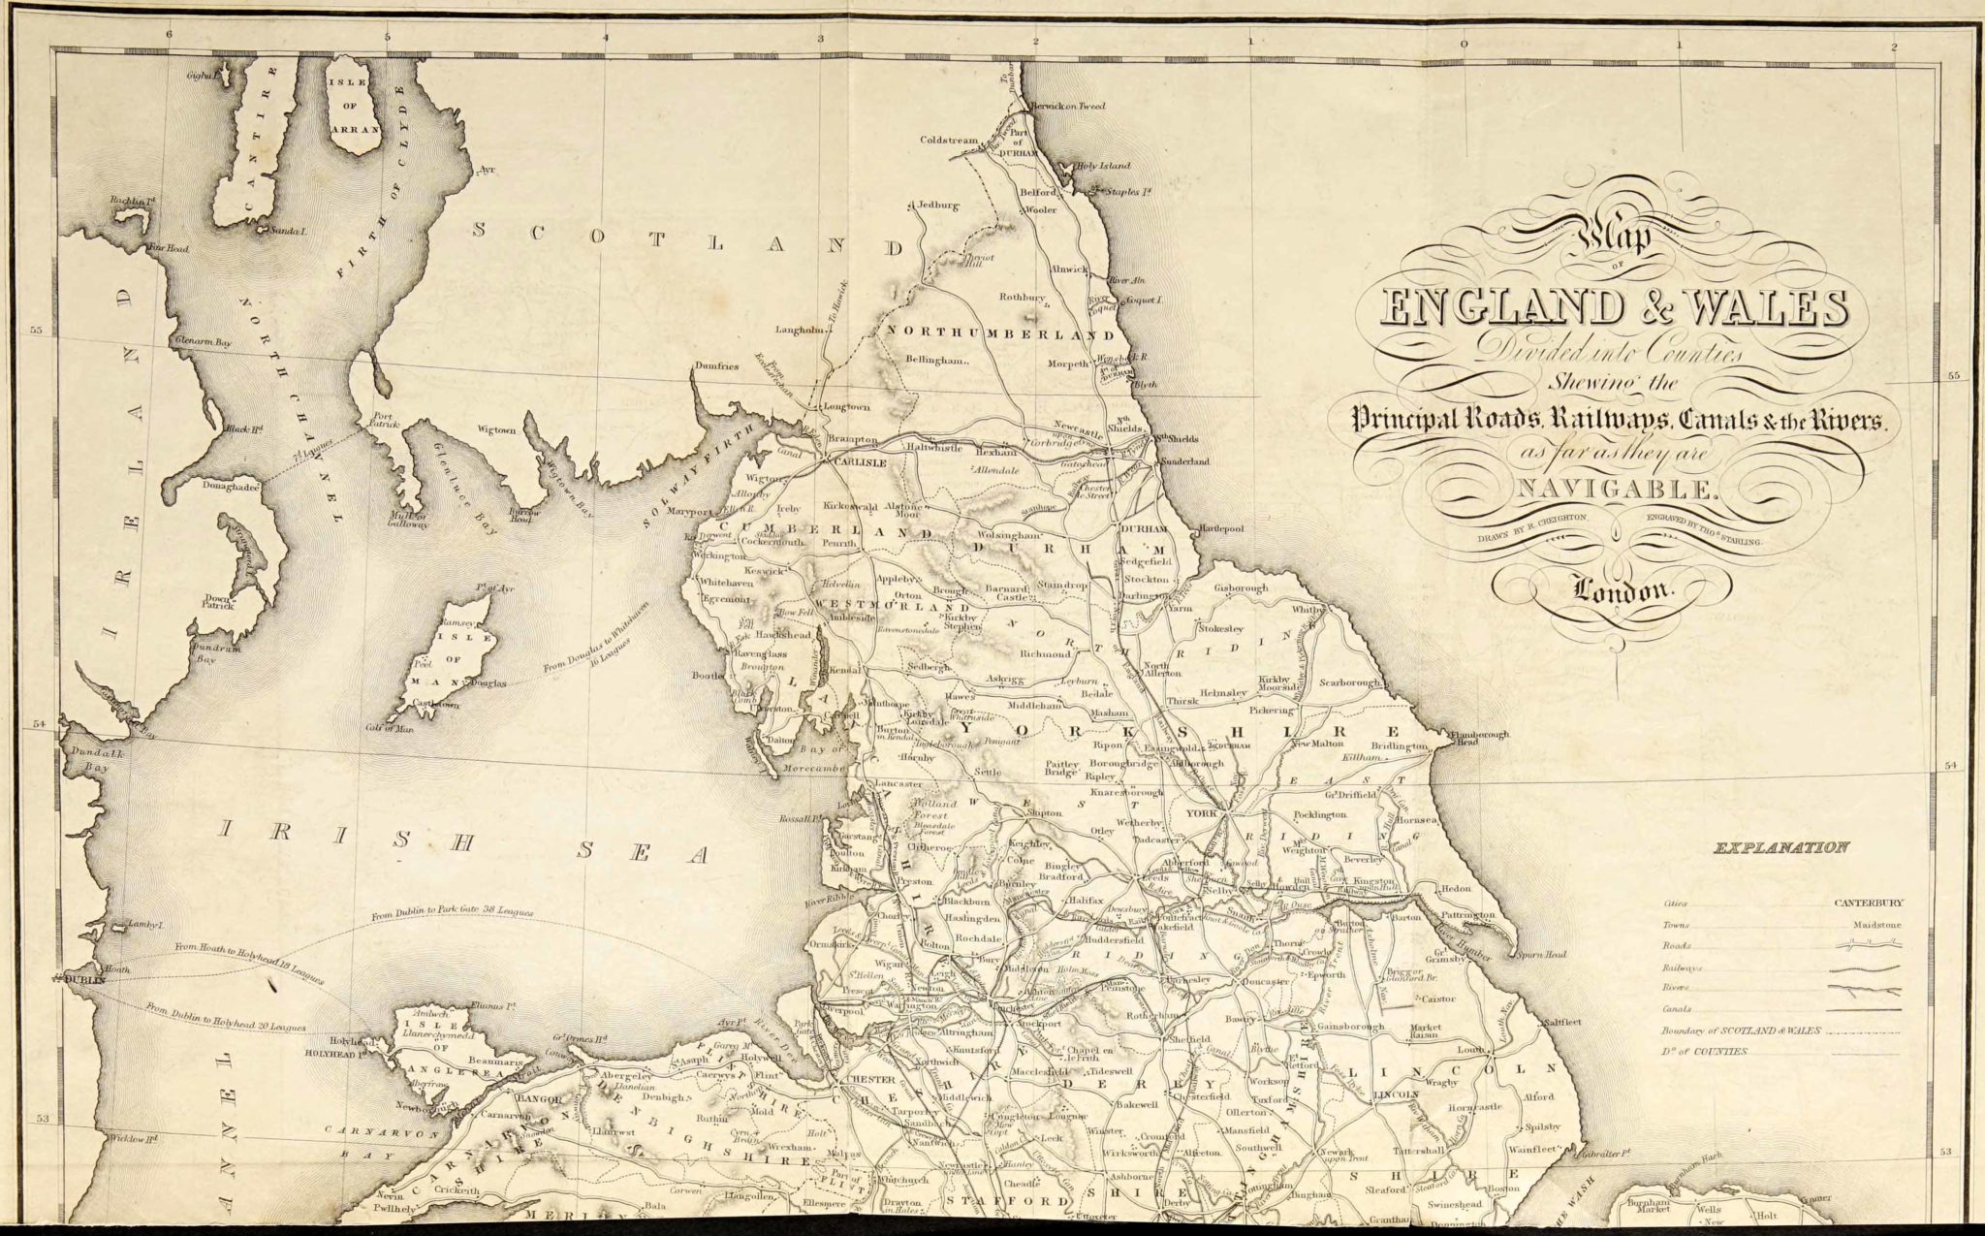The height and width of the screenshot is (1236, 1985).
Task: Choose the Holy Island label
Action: point(1108,168)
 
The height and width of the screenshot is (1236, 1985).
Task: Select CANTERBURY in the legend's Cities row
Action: point(1867,903)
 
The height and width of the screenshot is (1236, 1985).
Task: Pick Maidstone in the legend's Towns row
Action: point(1877,924)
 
